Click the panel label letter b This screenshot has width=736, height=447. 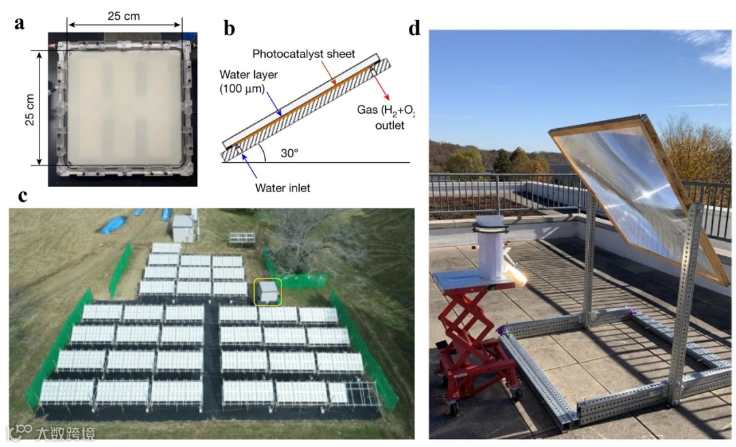(x=230, y=28)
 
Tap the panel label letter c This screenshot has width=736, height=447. (x=22, y=196)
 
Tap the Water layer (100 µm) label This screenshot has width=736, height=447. (x=249, y=81)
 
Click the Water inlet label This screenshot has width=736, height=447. (x=283, y=188)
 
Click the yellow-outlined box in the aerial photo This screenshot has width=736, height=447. (x=266, y=292)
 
